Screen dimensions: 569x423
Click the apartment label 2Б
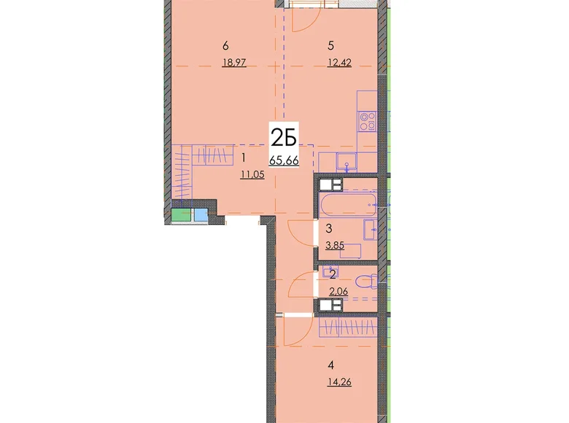point(284,139)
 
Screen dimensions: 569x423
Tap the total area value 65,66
point(284,160)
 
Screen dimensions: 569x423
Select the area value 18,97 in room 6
point(234,63)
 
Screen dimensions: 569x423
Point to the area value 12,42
point(339,63)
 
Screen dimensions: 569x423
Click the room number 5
point(330,46)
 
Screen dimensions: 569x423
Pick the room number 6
point(225,46)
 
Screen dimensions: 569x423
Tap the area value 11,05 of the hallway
point(252,175)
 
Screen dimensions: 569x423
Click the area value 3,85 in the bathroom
point(335,246)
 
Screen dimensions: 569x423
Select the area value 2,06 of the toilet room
point(338,290)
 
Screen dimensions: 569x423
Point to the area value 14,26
point(339,381)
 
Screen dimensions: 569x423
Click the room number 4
point(330,365)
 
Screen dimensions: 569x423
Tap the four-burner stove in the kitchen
point(367,122)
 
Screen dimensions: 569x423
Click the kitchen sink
point(347,161)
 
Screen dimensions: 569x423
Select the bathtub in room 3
point(348,205)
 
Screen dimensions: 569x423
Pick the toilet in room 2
point(366,282)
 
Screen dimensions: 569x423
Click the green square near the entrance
point(182,215)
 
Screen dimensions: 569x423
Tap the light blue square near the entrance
point(201,215)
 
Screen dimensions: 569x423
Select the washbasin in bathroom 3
point(371,230)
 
